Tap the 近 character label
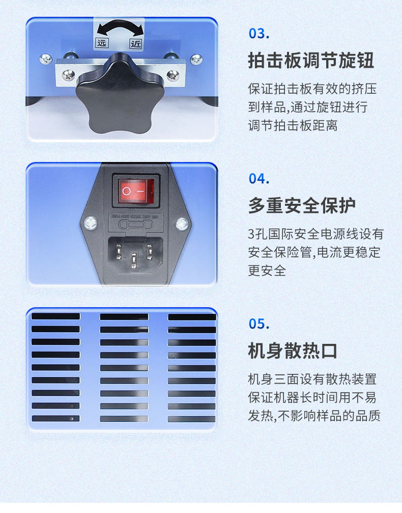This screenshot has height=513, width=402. [x=136, y=43]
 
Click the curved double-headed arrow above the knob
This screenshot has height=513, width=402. [x=119, y=28]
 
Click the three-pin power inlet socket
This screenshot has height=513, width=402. [x=134, y=253]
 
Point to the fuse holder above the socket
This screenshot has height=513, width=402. [x=134, y=224]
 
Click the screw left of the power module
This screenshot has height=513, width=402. [x=91, y=222]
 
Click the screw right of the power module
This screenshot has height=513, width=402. [x=182, y=223]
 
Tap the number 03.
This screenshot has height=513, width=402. [x=259, y=34]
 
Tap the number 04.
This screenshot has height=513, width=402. [x=259, y=179]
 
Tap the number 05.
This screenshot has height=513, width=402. [x=259, y=324]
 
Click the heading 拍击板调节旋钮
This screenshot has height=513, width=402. [x=311, y=61]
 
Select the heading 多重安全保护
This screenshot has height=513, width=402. [x=302, y=206]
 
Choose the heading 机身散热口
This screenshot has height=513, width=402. [x=293, y=351]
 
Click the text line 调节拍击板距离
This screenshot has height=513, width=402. [x=293, y=125]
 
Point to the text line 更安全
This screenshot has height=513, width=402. [x=267, y=271]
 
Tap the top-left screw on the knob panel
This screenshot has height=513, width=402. [x=46, y=59]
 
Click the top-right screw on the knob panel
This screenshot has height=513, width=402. [x=196, y=60]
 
